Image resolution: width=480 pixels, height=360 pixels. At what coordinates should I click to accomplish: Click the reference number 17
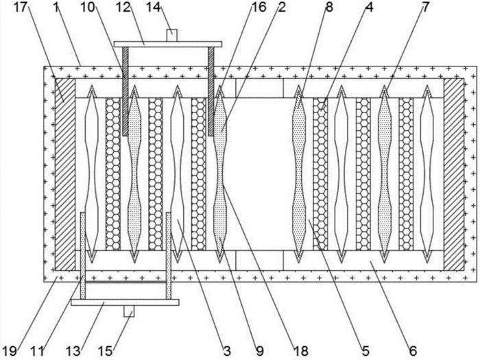coord(21,7)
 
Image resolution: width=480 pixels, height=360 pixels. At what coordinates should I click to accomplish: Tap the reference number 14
coord(153,7)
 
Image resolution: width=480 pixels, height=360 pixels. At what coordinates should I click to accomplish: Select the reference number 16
coord(259,7)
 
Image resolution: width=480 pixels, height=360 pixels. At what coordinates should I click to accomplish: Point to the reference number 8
coord(329,7)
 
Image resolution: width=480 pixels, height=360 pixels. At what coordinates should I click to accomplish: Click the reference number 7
coord(426,7)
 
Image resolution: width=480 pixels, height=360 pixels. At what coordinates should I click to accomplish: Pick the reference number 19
coord(10,351)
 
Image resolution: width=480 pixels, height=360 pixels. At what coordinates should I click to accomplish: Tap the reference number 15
coord(105,351)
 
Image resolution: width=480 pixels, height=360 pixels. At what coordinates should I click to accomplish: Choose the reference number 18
coord(301,351)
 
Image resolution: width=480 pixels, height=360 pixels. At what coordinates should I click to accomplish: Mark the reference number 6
coord(413,351)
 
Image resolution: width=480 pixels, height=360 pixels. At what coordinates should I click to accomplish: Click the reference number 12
coord(123,7)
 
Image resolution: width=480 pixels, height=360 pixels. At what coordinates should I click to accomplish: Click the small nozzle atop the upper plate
coord(171,35)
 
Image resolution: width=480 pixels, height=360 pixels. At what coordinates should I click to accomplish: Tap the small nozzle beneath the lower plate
coord(129,311)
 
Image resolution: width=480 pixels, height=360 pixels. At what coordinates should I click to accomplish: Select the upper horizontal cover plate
coord(168,45)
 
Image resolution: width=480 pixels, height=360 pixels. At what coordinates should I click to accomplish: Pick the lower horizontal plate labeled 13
coord(125,302)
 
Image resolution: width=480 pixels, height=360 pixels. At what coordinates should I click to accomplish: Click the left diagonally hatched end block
coord(65,174)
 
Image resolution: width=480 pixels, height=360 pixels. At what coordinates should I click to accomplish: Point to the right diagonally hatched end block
coord(454,174)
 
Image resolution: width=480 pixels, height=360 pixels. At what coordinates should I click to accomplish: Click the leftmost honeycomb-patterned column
coord(113,174)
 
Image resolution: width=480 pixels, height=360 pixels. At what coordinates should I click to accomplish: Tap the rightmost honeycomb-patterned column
coord(406,174)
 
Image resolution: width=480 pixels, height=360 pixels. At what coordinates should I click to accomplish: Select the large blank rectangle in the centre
coord(260,174)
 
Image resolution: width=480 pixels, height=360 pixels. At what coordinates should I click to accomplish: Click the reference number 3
coord(227,351)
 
